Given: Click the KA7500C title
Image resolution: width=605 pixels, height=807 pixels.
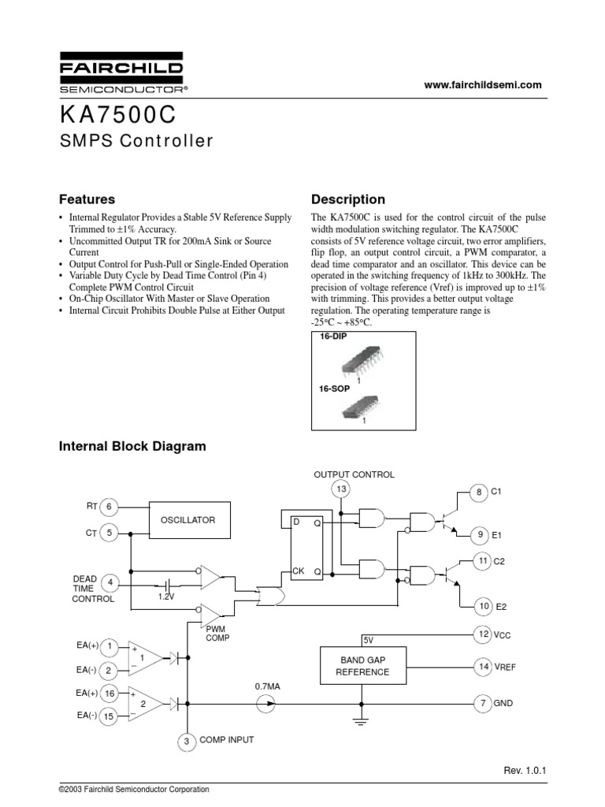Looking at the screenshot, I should pos(117,115).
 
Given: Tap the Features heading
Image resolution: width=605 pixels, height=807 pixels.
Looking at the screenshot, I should pos(87,199).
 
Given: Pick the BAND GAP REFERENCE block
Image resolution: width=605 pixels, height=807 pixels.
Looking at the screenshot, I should pos(362,666).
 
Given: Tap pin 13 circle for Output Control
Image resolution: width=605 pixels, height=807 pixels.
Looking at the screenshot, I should pos(341,490).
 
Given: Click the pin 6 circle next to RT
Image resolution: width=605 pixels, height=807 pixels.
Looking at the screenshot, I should pos(109,506).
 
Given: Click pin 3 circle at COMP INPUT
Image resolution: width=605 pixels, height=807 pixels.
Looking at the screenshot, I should pos(187,741).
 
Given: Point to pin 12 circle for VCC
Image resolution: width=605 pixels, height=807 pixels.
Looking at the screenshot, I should pos(483,634).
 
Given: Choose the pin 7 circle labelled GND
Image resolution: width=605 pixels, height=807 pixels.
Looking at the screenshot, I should pos(483,701).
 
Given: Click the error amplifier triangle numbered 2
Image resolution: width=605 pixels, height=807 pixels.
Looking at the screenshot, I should pos(144,702).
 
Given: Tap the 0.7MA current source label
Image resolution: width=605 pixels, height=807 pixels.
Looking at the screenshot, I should pos(268,686).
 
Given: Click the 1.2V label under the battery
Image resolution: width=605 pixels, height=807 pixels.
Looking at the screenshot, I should pos(165,597).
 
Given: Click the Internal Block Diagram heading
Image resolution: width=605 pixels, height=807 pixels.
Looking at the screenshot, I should pos(133,446).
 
